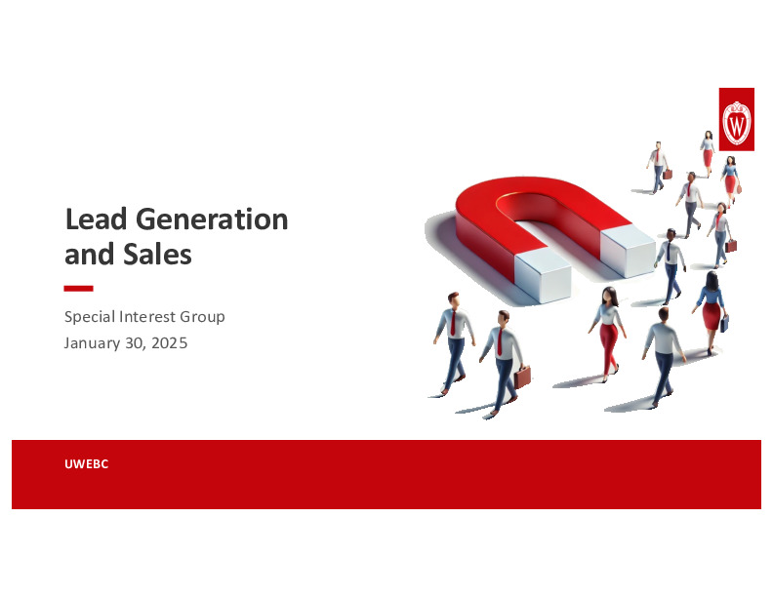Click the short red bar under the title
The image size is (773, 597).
pyautogui.click(x=78, y=289)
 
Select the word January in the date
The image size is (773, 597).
pyautogui.click(x=93, y=342)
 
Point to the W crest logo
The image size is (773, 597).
pyautogui.click(x=736, y=122)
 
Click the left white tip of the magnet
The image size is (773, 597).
pyautogui.click(x=543, y=280)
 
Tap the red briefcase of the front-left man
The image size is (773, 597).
pyautogui.click(x=523, y=377)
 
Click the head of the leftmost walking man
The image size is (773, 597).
pyautogui.click(x=452, y=300)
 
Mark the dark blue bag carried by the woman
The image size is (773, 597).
pyautogui.click(x=724, y=323)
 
